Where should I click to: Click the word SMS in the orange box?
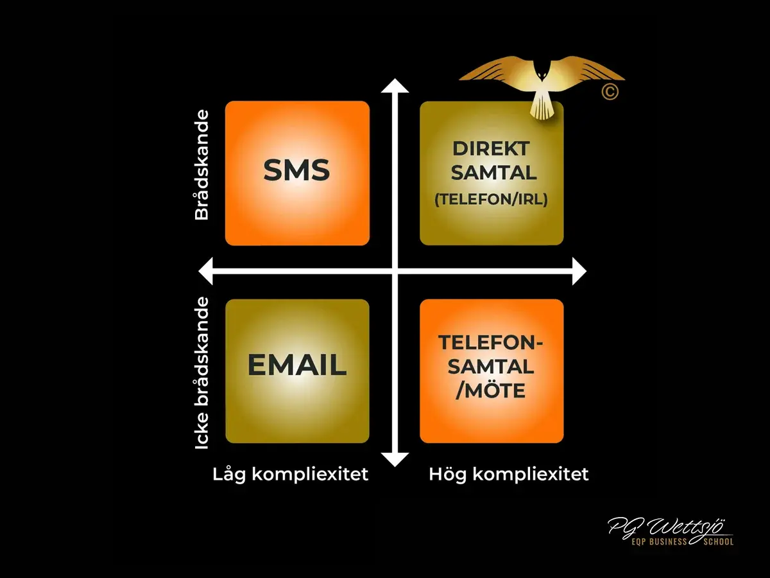pyautogui.click(x=296, y=170)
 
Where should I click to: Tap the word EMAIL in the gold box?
pyautogui.click(x=297, y=365)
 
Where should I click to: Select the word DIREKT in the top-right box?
pyautogui.click(x=491, y=149)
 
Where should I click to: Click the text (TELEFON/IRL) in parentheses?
pyautogui.click(x=491, y=200)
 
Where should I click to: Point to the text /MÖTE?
pyautogui.click(x=491, y=391)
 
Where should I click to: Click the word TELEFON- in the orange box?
pyautogui.click(x=490, y=342)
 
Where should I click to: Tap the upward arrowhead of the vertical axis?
pyautogui.click(x=395, y=85)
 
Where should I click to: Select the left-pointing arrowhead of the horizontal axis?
pyautogui.click(x=205, y=271)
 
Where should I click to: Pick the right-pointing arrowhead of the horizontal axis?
pyautogui.click(x=579, y=271)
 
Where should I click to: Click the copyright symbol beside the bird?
pyautogui.click(x=610, y=92)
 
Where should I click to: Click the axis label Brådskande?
pyautogui.click(x=202, y=165)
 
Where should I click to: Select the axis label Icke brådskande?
pyautogui.click(x=202, y=373)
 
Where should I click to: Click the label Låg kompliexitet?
pyautogui.click(x=291, y=475)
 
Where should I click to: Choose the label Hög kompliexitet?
pyautogui.click(x=509, y=475)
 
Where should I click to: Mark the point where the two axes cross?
pyautogui.click(x=395, y=271)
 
